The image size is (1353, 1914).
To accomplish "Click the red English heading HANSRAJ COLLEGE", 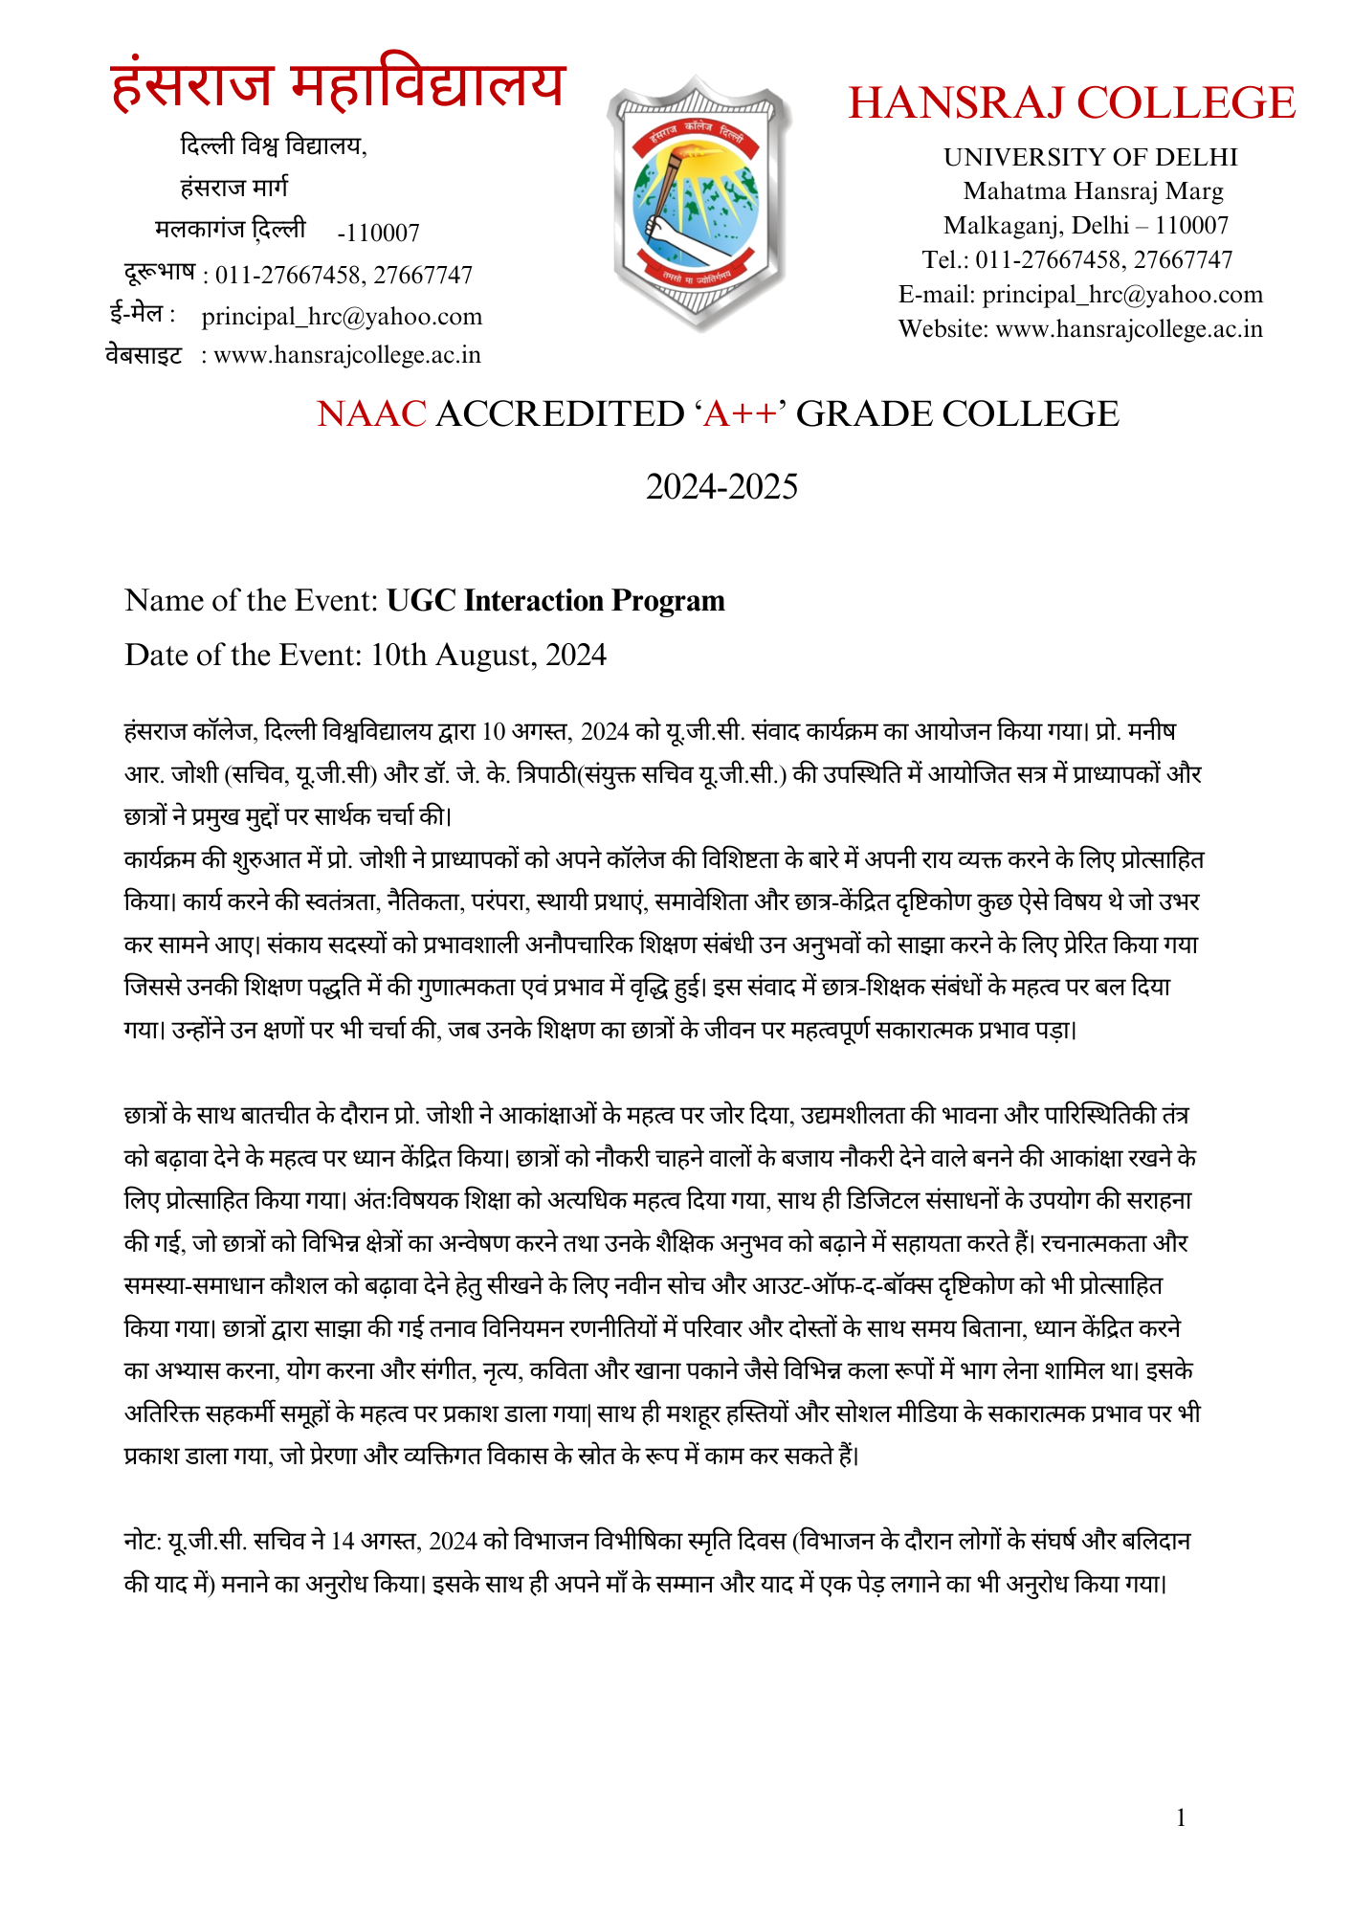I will coord(1072,103).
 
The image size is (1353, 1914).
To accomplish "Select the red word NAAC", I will coord(371,414).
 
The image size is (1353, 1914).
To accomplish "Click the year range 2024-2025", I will coord(721,487).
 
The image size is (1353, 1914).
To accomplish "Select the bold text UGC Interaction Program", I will coord(556,601).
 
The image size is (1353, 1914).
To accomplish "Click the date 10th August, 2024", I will coord(489,655).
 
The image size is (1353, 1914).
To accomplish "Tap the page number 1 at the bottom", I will coord(1181,1818).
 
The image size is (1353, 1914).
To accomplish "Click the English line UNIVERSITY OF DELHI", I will coord(1091,157).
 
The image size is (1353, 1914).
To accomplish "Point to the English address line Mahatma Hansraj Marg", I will coord(1093,191).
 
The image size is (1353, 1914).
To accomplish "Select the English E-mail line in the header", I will coord(1080,295).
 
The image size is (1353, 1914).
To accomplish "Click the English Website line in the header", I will coord(1080,329).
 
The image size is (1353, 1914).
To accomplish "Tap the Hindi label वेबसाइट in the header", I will coord(144,356).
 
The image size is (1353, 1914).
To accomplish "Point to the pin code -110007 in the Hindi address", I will coord(379,234).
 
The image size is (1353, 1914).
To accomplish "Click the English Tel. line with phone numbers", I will coord(1077,260).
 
